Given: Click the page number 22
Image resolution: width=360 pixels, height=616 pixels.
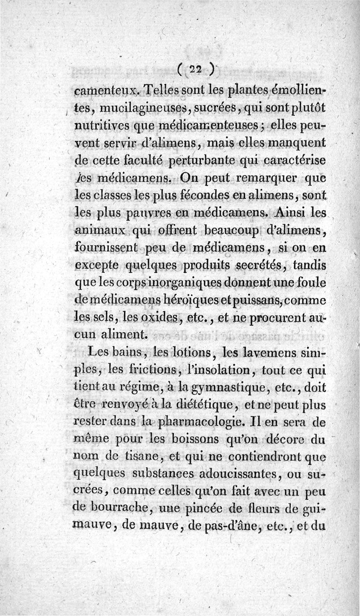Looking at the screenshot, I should [194, 68].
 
